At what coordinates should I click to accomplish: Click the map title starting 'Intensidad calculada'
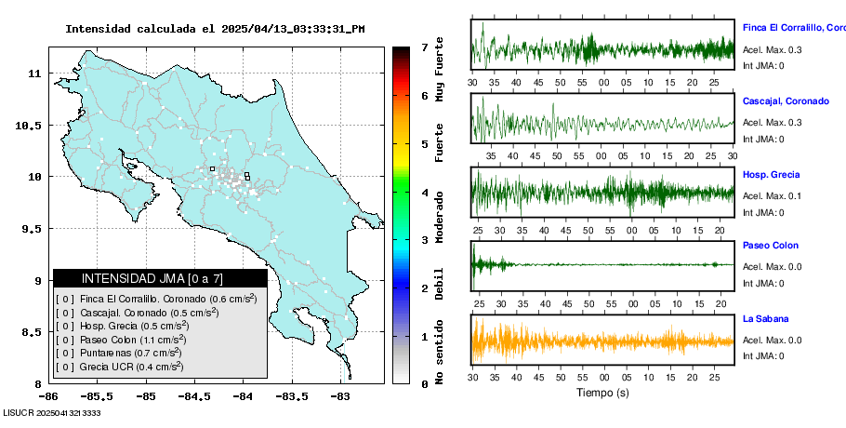click(215, 29)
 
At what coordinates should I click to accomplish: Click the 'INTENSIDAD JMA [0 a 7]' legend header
click(159, 278)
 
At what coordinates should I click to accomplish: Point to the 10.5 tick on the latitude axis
click(33, 125)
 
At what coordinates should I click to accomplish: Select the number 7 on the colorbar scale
click(423, 47)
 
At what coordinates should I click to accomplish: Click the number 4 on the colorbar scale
click(423, 192)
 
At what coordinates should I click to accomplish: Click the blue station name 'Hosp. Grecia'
click(771, 175)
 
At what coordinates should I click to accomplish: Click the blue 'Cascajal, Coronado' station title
click(786, 100)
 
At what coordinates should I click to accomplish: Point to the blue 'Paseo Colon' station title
click(770, 246)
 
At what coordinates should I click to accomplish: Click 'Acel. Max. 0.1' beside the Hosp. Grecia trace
click(773, 195)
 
